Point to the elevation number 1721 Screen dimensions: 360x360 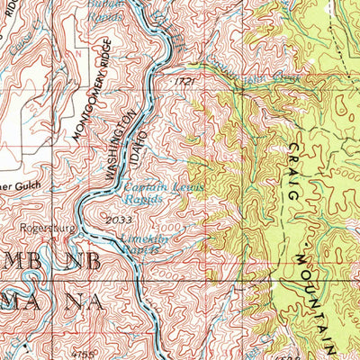(x=184, y=81)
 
